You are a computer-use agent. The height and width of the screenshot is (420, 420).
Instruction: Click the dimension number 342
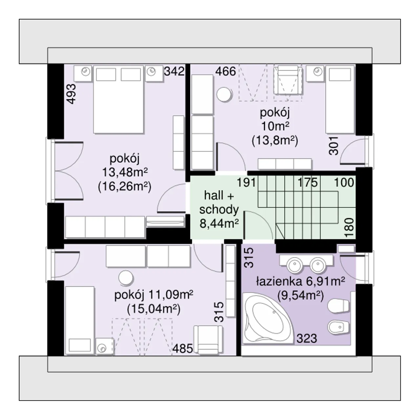pyautogui.click(x=174, y=71)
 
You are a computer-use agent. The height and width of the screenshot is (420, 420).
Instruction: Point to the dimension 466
pyautogui.click(x=225, y=72)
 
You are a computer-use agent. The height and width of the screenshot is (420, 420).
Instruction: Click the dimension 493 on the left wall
pyautogui.click(x=72, y=94)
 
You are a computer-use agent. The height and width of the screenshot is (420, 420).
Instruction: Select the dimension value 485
pyautogui.click(x=183, y=348)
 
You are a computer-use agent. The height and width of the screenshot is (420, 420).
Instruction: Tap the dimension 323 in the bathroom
pyautogui.click(x=307, y=339)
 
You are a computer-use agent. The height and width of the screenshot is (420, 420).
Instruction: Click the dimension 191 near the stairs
pyautogui.click(x=246, y=182)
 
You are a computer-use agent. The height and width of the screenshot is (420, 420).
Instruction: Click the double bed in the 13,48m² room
pyautogui.click(x=118, y=100)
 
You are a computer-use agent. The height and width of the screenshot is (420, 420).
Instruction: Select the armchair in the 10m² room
pyautogui.click(x=288, y=80)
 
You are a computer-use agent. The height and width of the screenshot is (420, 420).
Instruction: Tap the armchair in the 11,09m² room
pyautogui.click(x=208, y=340)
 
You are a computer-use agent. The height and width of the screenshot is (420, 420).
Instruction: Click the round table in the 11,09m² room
pyautogui.click(x=126, y=278)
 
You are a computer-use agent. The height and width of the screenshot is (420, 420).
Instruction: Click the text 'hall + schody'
pyautogui.click(x=219, y=202)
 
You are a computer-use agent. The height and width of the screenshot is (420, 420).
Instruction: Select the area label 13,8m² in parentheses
pyautogui.click(x=275, y=141)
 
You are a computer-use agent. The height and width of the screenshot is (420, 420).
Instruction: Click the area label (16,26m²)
pyautogui.click(x=124, y=187)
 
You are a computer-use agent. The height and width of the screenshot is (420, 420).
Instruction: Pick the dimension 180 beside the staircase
pyautogui.click(x=349, y=227)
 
